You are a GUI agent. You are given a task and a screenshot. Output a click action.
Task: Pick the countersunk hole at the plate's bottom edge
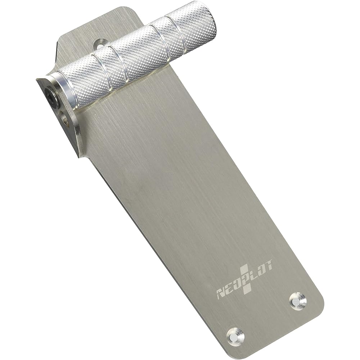click(x=235, y=336)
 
